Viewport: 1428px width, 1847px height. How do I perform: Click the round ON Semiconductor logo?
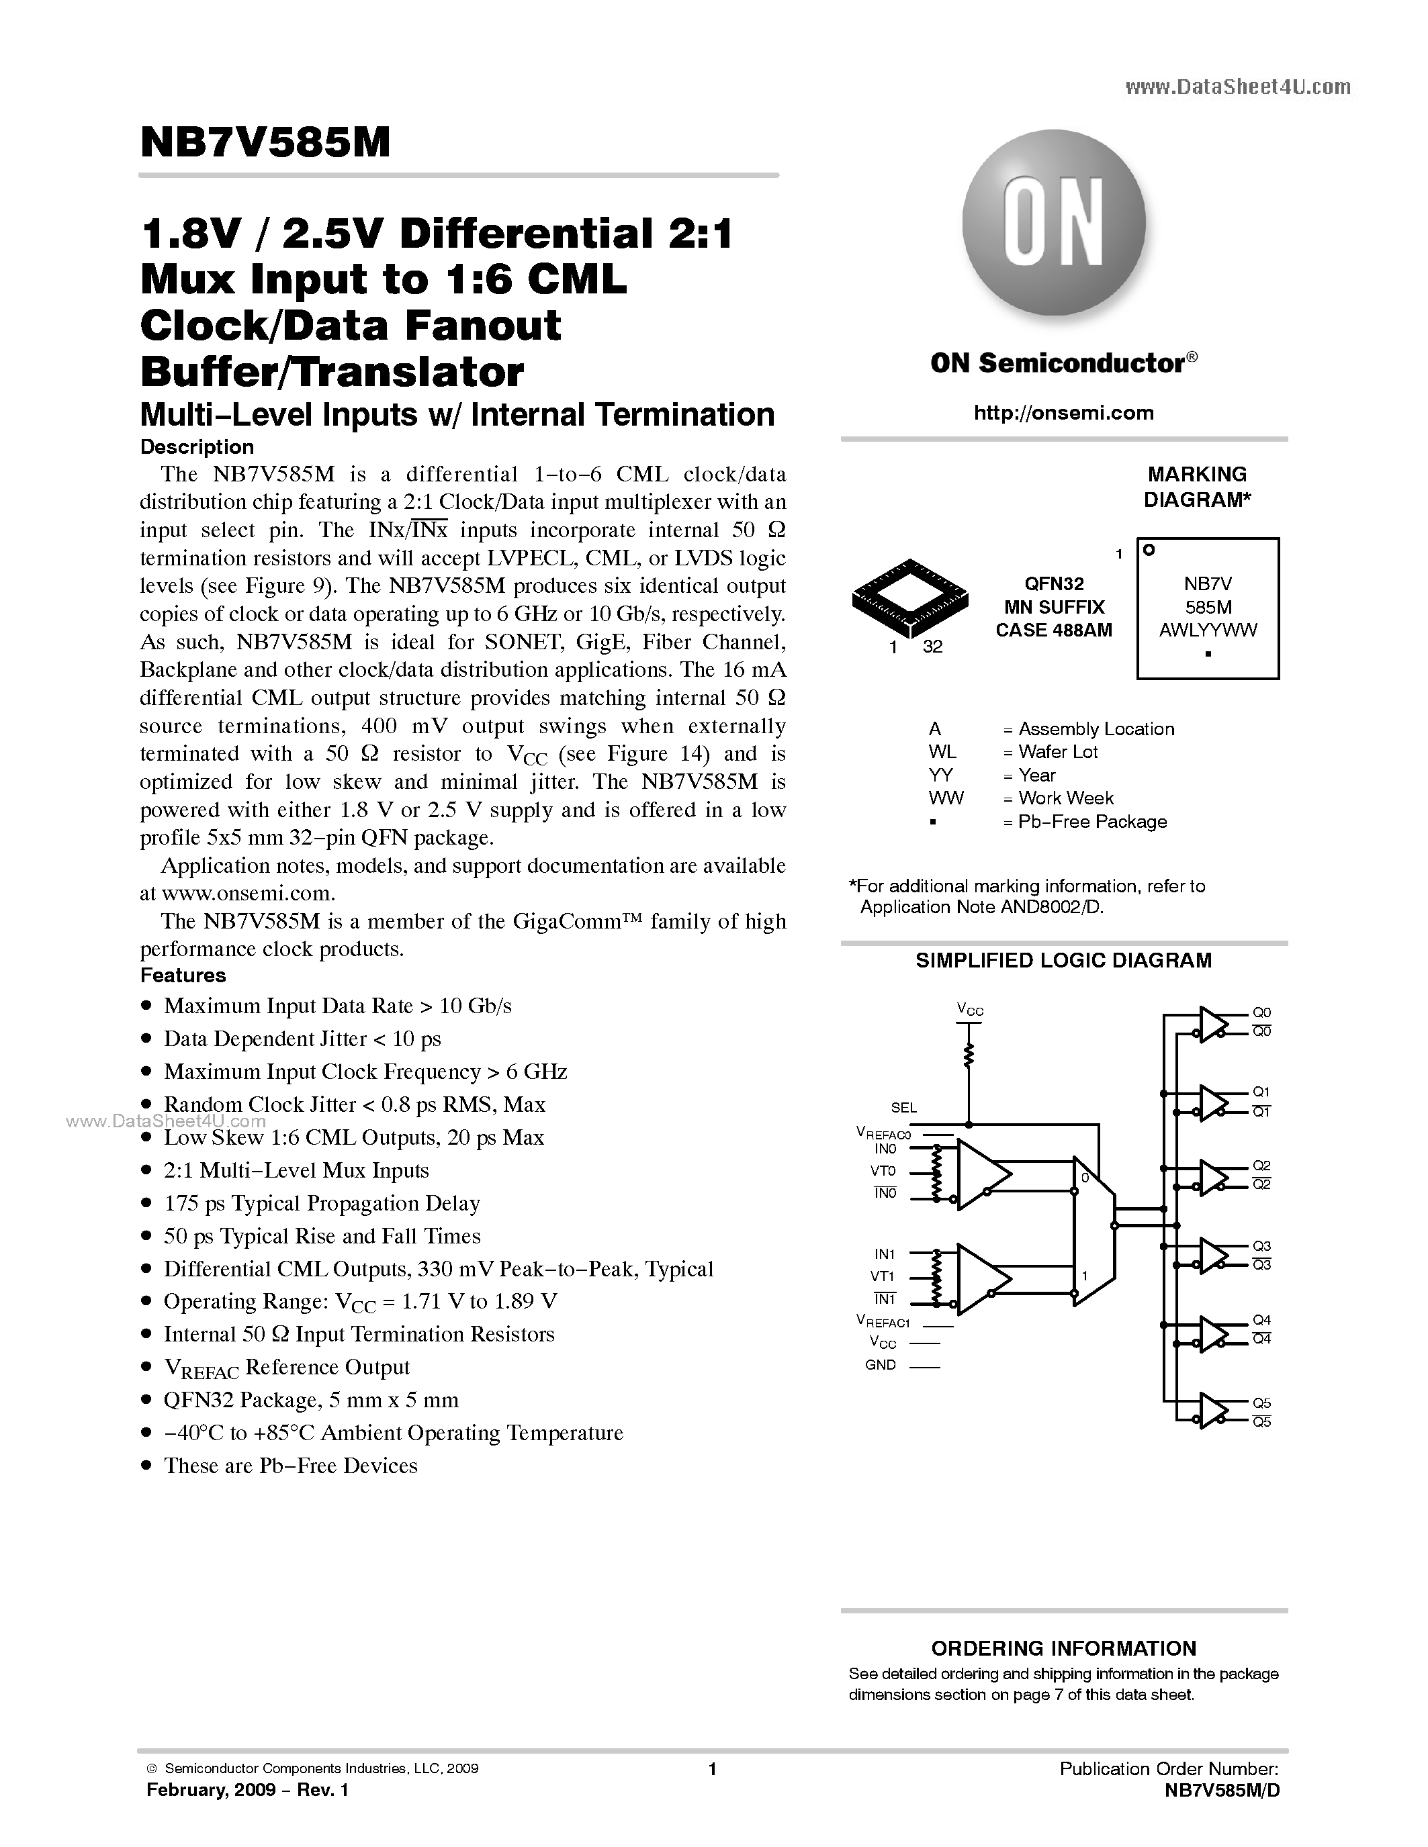point(1054,222)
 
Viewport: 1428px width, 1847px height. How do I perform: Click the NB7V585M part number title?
point(265,144)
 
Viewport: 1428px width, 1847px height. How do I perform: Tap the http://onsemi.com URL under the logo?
point(1063,413)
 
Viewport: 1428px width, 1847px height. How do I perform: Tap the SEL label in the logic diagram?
point(903,1107)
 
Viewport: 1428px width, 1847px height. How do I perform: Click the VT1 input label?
point(883,1276)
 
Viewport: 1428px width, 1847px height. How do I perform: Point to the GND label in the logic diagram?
point(881,1365)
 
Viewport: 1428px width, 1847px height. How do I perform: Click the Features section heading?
point(183,975)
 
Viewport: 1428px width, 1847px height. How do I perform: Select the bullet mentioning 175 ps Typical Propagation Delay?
point(322,1202)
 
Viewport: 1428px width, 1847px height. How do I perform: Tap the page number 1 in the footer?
point(712,1769)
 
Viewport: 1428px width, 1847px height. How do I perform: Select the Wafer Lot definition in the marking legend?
point(1057,752)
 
